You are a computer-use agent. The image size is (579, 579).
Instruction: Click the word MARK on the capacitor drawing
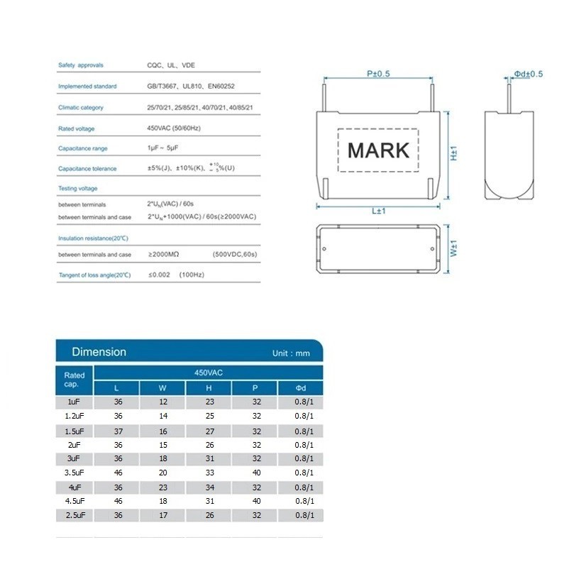click(x=378, y=150)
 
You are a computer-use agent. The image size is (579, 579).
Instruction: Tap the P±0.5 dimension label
click(x=378, y=74)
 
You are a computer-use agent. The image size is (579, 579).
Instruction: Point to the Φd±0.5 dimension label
click(x=529, y=74)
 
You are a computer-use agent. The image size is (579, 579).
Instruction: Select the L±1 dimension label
click(x=378, y=211)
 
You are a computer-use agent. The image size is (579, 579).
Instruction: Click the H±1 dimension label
click(x=454, y=153)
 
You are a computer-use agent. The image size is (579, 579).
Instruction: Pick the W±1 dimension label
click(x=454, y=248)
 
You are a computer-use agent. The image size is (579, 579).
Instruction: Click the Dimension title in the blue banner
click(x=99, y=351)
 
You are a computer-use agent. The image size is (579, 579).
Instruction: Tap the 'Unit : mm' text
click(x=291, y=353)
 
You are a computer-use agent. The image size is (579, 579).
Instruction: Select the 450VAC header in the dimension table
click(x=209, y=373)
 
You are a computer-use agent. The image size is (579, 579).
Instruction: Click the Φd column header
click(x=301, y=387)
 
